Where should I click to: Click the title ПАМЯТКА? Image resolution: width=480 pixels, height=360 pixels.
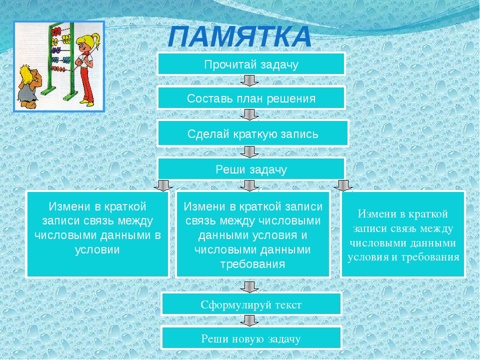click(x=239, y=36)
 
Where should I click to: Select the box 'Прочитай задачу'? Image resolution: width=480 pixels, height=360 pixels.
click(x=251, y=64)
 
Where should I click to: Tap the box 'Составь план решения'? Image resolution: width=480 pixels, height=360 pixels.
click(x=251, y=98)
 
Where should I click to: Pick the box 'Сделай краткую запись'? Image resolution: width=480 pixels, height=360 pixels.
click(x=253, y=133)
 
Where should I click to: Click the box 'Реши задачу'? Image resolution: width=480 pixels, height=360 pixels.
click(x=251, y=168)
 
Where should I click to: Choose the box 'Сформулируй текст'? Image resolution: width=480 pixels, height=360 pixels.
click(x=251, y=304)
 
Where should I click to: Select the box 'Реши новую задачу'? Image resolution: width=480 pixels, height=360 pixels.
click(x=251, y=338)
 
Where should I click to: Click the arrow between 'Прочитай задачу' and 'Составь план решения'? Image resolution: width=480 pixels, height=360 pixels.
click(x=249, y=81)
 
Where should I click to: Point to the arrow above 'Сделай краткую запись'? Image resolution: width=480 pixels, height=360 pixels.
click(x=249, y=115)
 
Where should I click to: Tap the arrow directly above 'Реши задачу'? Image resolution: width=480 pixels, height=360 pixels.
click(x=249, y=152)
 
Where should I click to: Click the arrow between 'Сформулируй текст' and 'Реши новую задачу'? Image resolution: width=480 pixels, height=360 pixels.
click(x=249, y=321)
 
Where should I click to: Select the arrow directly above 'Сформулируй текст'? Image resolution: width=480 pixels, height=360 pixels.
click(x=249, y=287)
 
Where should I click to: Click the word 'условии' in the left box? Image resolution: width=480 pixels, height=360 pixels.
click(x=97, y=250)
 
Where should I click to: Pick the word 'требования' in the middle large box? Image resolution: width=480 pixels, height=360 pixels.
click(x=253, y=264)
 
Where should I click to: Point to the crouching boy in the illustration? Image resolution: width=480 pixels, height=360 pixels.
click(x=28, y=86)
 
